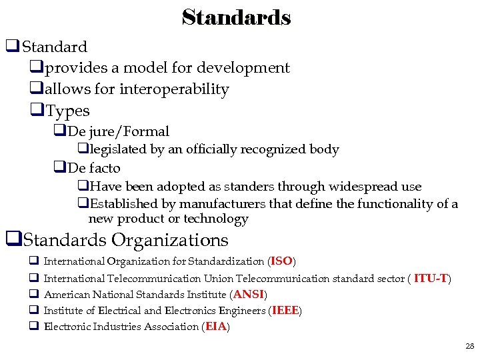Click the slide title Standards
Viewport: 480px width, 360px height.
pyautogui.click(x=236, y=17)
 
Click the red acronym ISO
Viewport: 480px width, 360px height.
pyautogui.click(x=281, y=261)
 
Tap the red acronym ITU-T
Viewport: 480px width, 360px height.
pyautogui.click(x=431, y=278)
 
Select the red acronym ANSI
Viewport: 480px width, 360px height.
pyautogui.click(x=249, y=294)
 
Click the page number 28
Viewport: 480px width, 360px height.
pyautogui.click(x=469, y=346)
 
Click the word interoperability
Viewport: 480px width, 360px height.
pyautogui.click(x=174, y=89)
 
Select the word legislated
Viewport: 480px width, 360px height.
pyautogui.click(x=119, y=149)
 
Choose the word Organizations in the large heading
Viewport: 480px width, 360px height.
pyautogui.click(x=170, y=240)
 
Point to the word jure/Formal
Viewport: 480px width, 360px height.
pyautogui.click(x=128, y=131)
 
